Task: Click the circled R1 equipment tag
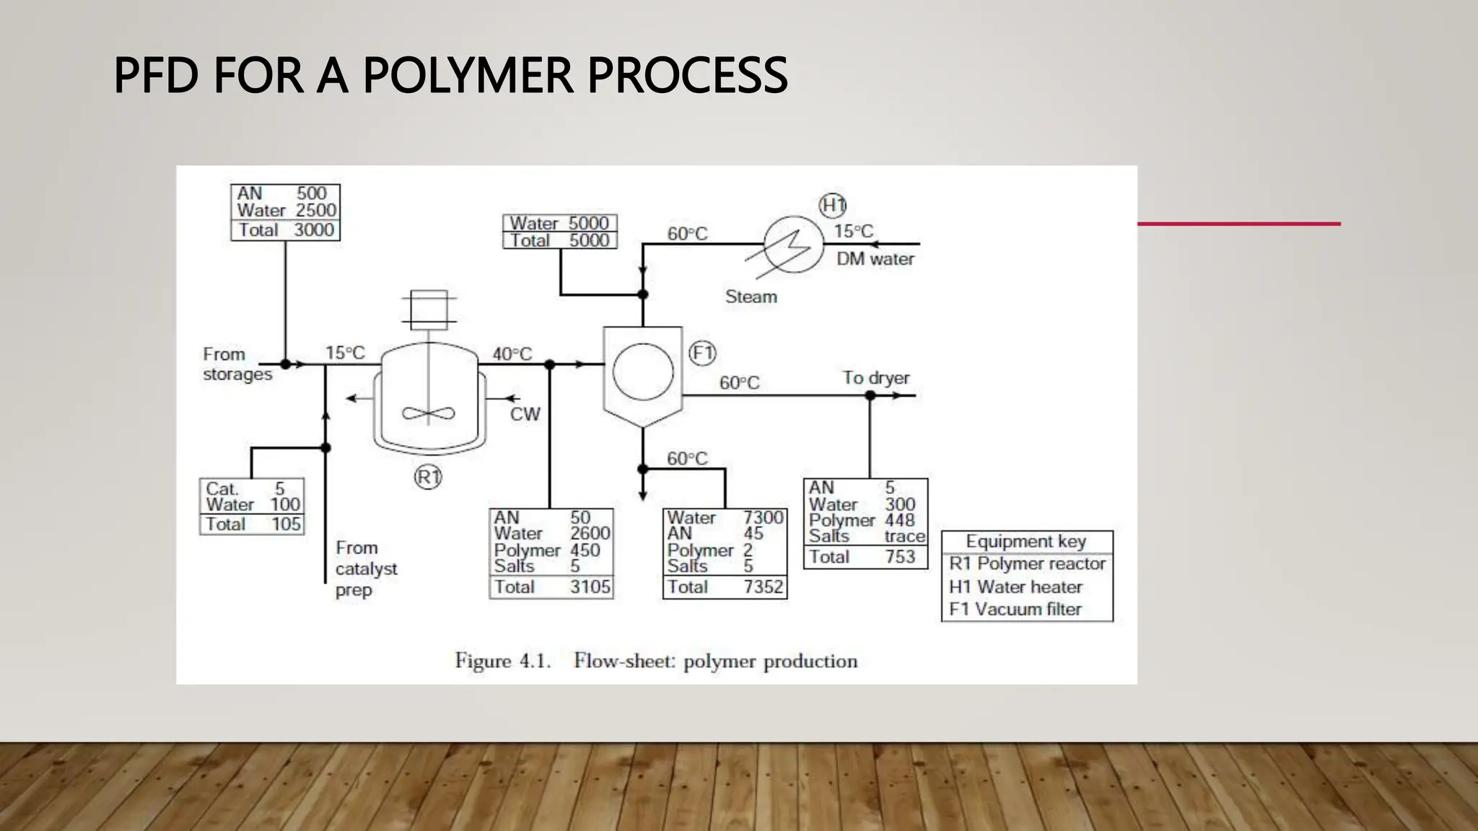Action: coord(428,477)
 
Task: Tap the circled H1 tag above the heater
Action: coord(833,206)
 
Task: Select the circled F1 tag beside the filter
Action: coord(702,353)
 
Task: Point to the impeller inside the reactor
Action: coord(429,413)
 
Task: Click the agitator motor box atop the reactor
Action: coord(429,309)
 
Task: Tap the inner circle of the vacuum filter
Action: coord(642,371)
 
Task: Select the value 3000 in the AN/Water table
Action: coord(314,230)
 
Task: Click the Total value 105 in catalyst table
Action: coord(286,524)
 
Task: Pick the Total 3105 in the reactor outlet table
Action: coord(590,587)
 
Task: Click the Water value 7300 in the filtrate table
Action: coord(763,517)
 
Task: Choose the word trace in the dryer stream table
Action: coord(904,537)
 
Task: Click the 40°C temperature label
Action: coord(512,354)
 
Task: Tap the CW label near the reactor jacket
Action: coord(525,414)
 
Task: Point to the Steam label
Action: coord(751,296)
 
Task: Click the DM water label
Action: coord(875,259)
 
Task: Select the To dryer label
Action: coord(875,378)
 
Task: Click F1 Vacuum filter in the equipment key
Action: coord(1015,610)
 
